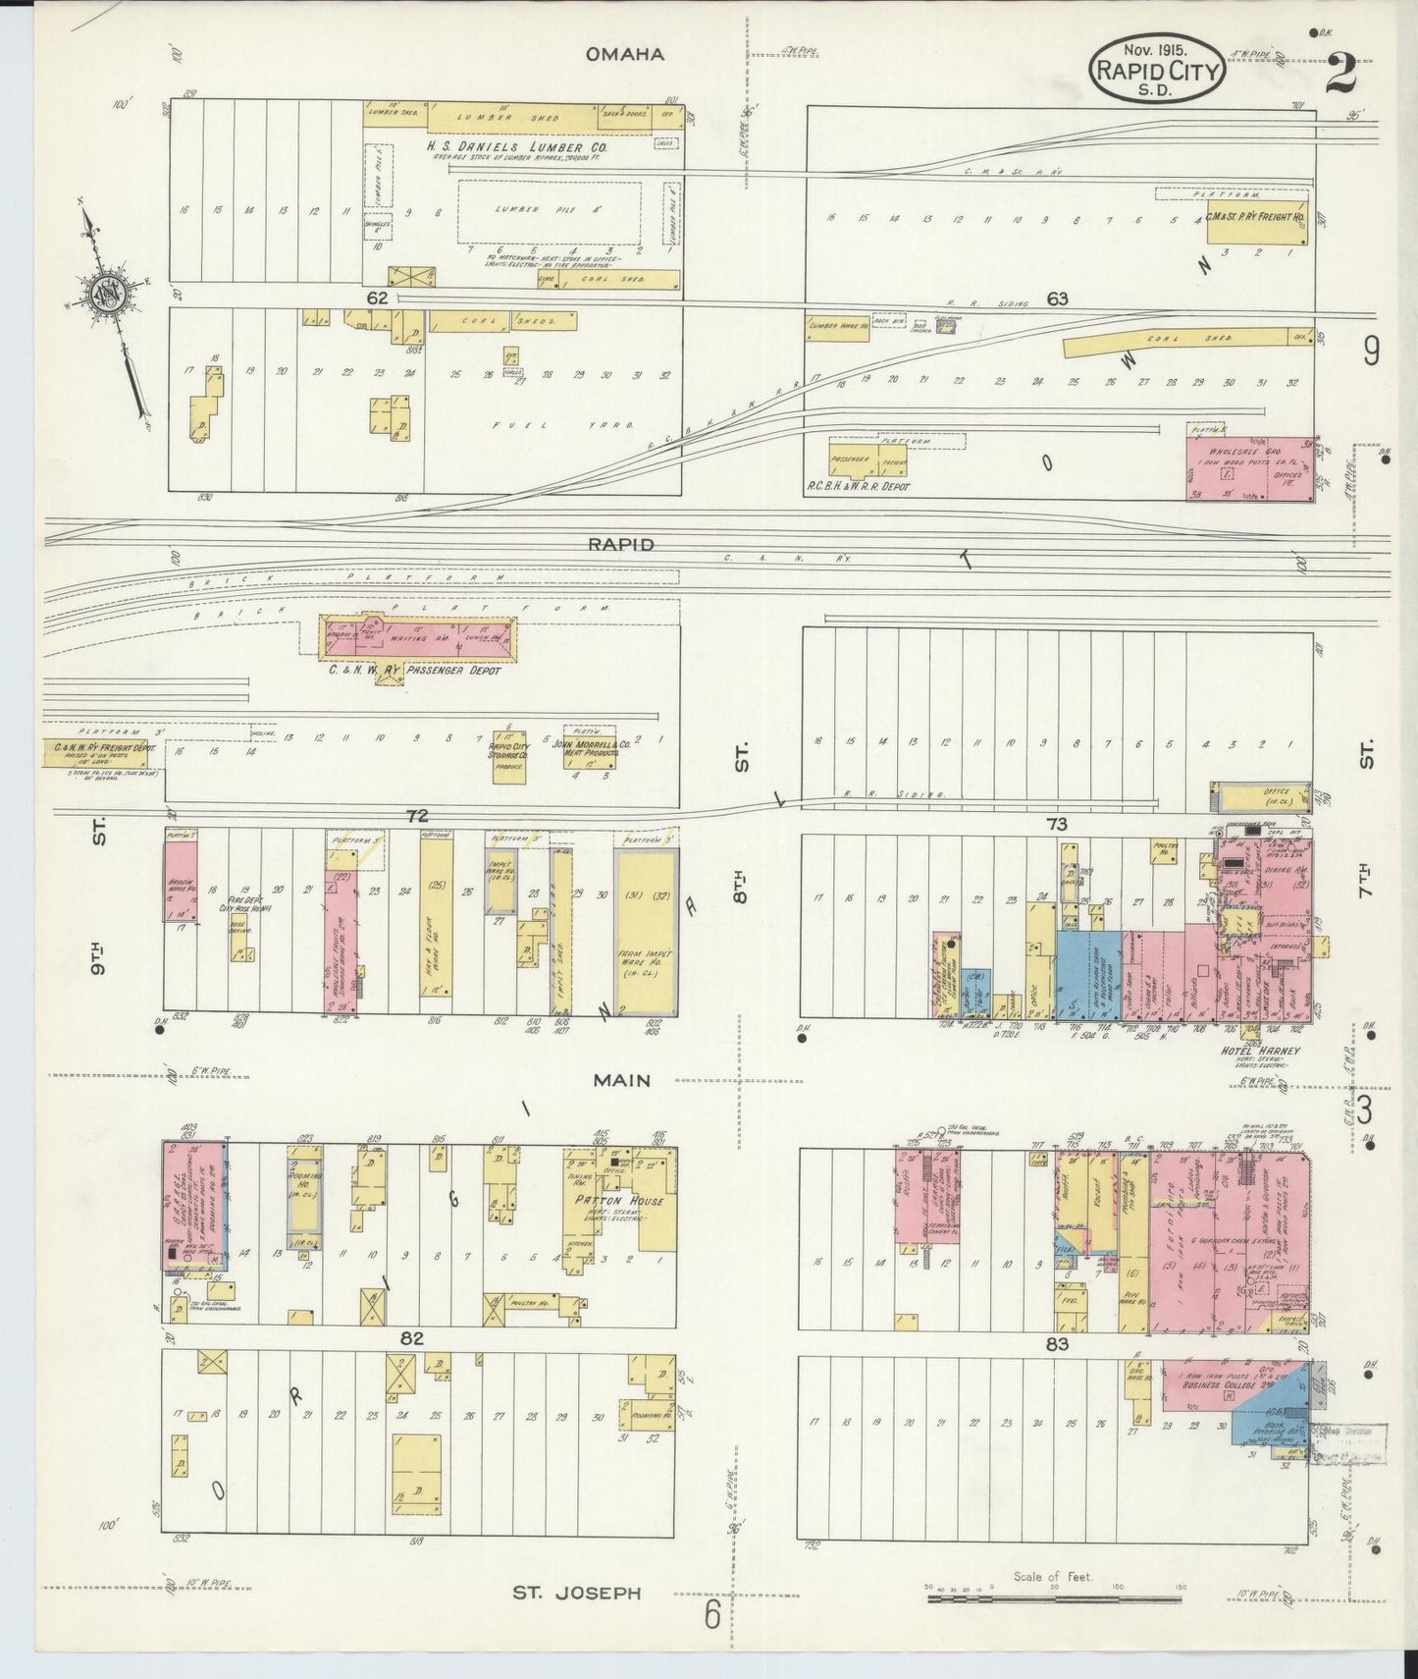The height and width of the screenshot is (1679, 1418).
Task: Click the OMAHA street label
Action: [624, 55]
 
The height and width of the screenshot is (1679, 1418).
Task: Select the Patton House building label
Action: [626, 1200]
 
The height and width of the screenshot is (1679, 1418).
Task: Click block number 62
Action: [379, 297]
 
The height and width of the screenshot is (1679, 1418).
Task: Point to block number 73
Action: [1056, 824]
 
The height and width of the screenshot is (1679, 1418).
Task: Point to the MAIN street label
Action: [621, 1080]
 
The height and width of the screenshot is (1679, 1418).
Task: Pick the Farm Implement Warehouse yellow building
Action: [643, 933]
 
